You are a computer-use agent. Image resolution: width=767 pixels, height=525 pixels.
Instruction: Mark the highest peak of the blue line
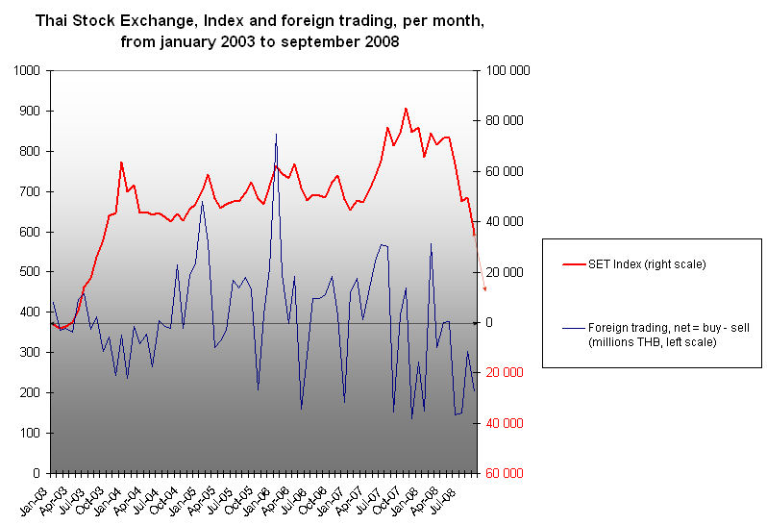click(276, 134)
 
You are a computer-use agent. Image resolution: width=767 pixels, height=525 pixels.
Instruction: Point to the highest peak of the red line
click(406, 109)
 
